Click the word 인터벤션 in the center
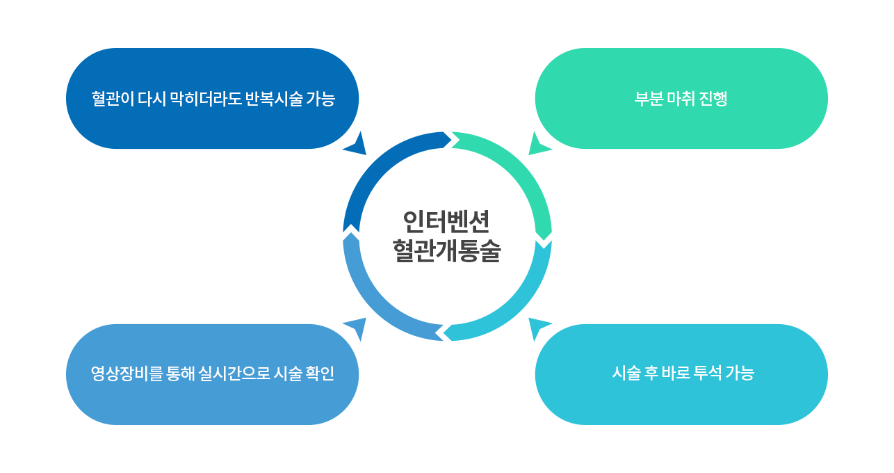[x=446, y=222]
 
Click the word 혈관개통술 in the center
[x=446, y=251]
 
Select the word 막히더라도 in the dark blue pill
[x=205, y=99]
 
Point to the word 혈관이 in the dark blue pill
[x=113, y=99]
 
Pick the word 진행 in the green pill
[x=713, y=99]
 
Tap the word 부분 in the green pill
[x=649, y=99]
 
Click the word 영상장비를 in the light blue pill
[x=127, y=374]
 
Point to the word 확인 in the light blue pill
[x=319, y=374]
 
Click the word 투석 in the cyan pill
[x=707, y=373]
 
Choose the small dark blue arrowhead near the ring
[x=357, y=145]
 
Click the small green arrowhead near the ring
[x=537, y=145]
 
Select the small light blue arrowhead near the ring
[x=357, y=328]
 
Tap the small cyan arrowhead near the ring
[x=537, y=328]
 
